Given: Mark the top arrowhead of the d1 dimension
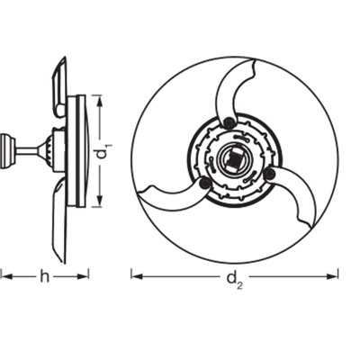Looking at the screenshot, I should click(99, 100).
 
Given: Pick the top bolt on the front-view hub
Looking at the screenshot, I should click(230, 121).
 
